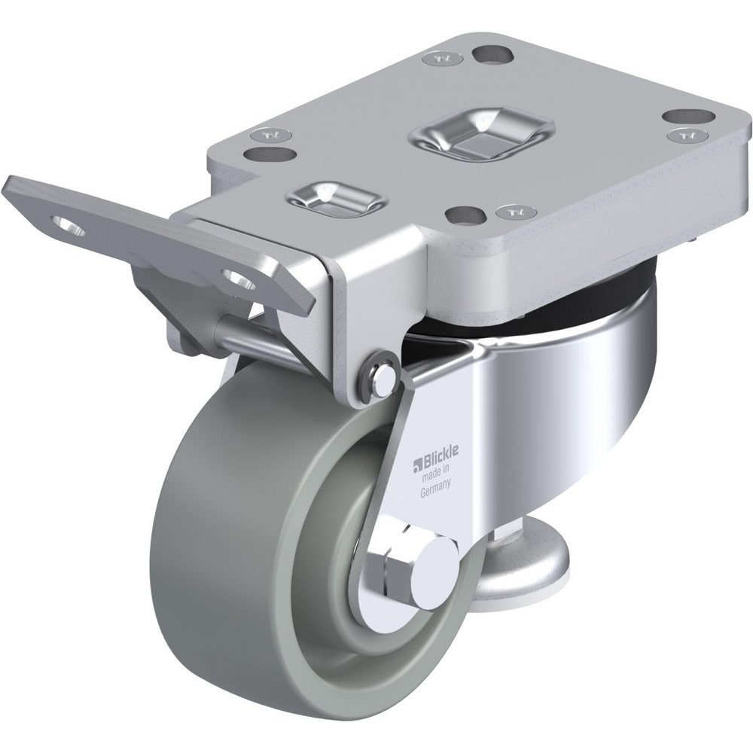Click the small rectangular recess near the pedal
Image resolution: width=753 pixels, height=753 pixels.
(336, 197)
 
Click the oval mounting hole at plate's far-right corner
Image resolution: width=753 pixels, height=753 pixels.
(687, 117)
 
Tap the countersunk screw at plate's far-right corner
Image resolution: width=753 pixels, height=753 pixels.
(684, 136)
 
